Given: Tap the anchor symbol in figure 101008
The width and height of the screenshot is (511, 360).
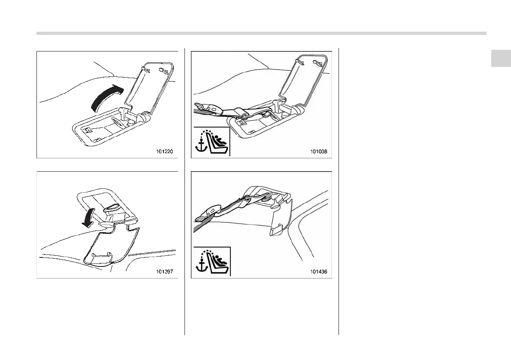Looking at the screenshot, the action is tap(200, 145).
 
